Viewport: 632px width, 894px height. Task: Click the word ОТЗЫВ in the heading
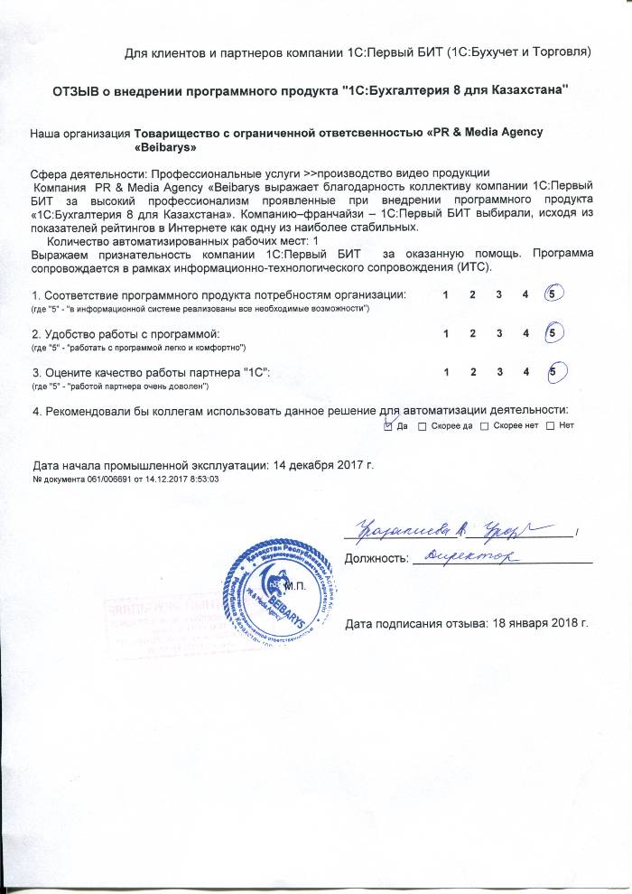pos(77,90)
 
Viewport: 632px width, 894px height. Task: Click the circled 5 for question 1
pos(555,295)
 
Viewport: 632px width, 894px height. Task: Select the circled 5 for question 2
pos(555,334)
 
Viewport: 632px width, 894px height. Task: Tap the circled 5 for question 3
pos(555,372)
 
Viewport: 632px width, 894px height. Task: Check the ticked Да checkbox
pos(389,425)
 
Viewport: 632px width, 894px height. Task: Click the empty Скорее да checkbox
pos(423,426)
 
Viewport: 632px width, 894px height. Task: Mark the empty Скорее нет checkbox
pos(484,426)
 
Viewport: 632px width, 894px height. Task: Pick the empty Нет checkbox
pos(552,426)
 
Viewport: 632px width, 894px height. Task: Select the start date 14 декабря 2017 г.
pos(321,465)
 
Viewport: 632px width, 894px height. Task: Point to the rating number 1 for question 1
pos(445,296)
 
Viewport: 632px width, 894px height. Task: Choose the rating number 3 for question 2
pos(498,335)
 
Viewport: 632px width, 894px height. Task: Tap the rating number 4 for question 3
pos(525,373)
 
